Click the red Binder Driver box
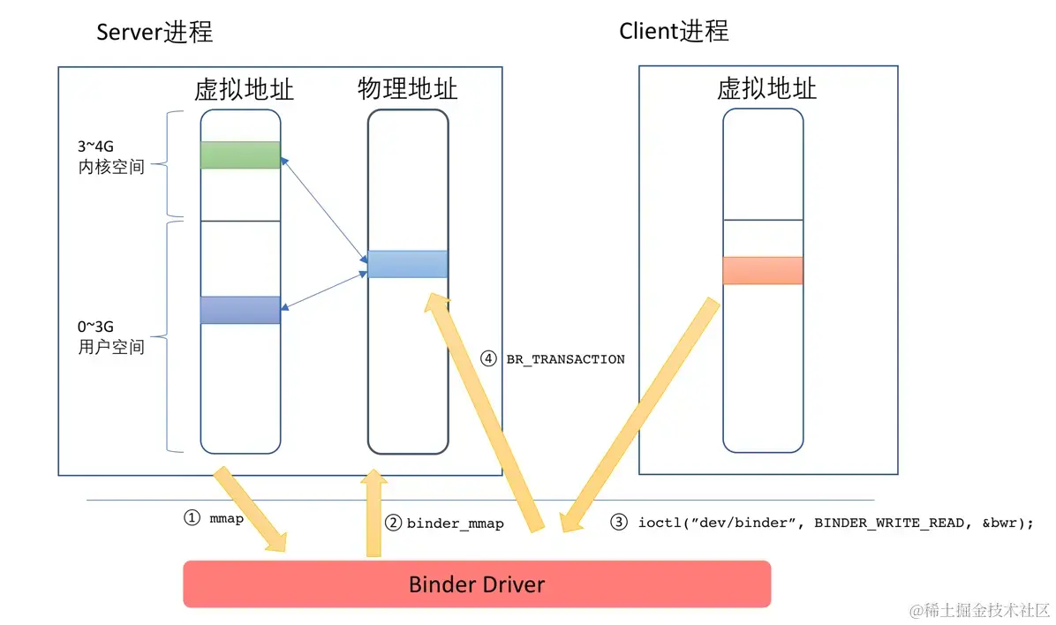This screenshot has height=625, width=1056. (x=477, y=584)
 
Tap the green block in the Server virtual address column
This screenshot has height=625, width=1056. (x=240, y=154)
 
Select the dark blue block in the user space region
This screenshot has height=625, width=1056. (x=240, y=310)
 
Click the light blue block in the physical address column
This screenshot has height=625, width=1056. (x=407, y=264)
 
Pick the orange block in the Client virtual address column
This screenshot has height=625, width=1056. (x=763, y=270)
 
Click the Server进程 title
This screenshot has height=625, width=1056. (x=155, y=33)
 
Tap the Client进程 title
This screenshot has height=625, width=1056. (x=674, y=31)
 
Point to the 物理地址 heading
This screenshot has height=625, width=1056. (x=407, y=88)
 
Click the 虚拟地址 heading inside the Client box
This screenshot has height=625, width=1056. (x=766, y=88)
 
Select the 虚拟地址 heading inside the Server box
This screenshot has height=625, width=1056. (x=245, y=90)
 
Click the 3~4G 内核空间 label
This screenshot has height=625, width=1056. (x=110, y=156)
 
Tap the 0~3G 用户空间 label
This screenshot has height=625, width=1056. (x=110, y=336)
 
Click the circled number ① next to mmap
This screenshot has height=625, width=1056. (x=192, y=519)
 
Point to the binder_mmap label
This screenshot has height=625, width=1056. (x=455, y=523)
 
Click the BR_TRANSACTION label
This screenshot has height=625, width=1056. (x=565, y=359)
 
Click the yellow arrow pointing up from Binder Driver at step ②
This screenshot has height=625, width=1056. (x=374, y=516)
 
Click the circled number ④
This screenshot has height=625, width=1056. (x=488, y=358)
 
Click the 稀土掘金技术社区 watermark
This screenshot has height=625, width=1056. (x=980, y=610)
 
